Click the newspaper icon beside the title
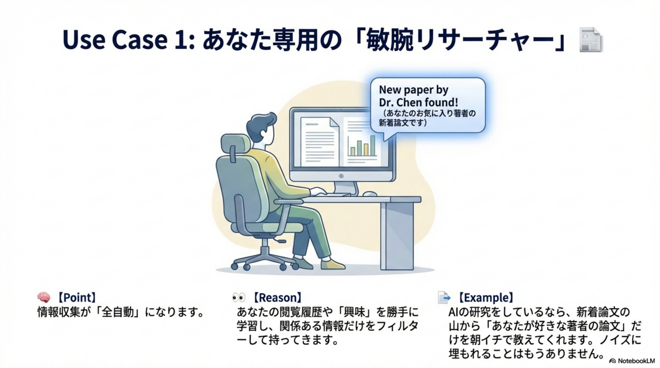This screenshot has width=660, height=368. tap(591, 40)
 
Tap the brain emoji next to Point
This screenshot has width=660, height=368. tap(44, 297)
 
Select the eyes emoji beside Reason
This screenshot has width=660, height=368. tap(239, 298)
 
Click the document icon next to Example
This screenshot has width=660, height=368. tap(444, 297)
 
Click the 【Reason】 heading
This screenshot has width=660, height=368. tap(277, 298)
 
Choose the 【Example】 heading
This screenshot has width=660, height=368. tap(485, 298)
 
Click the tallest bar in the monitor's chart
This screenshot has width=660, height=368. tap(372, 145)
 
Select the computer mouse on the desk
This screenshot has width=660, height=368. tap(370, 194)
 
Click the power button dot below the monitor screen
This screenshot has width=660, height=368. tap(341, 176)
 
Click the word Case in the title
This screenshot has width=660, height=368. tap(140, 40)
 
